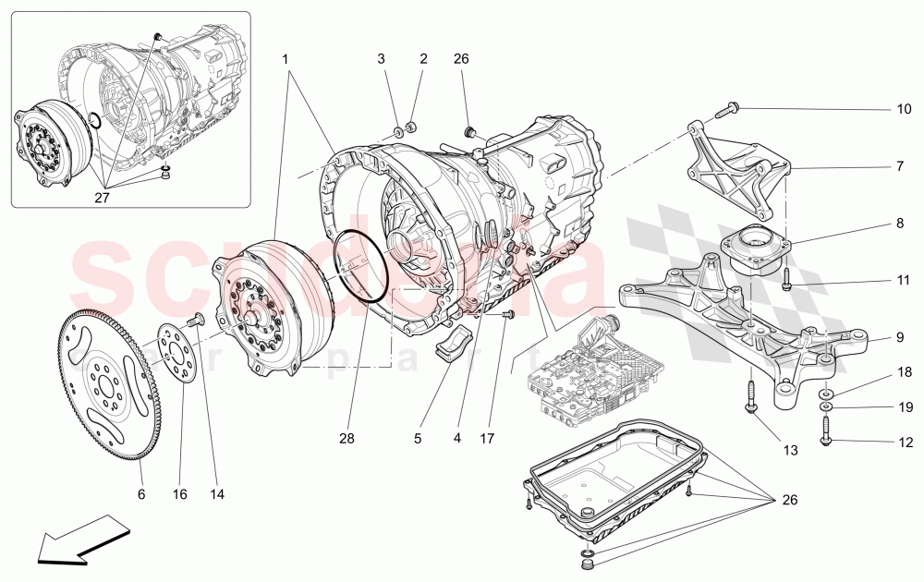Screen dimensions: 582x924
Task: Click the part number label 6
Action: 141,494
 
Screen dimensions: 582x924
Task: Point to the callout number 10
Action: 904,109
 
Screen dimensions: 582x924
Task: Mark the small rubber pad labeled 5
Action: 458,348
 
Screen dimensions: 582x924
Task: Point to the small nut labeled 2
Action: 412,127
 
